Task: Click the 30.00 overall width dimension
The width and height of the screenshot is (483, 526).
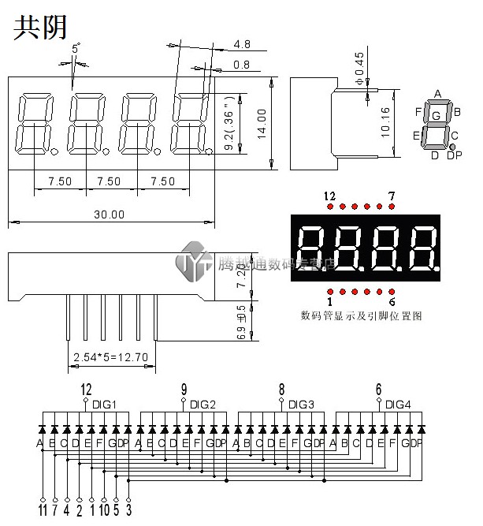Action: coord(110,214)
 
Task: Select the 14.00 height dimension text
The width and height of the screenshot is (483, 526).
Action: coord(263,122)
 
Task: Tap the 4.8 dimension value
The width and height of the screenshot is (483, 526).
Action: coord(242,44)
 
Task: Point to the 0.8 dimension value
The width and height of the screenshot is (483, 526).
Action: coord(242,64)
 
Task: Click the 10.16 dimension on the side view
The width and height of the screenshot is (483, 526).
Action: coord(385,123)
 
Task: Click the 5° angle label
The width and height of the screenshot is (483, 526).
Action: coord(76,49)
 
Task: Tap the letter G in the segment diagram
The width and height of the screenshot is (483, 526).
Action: coord(436,116)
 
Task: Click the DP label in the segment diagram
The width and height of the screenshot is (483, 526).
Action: coord(454,155)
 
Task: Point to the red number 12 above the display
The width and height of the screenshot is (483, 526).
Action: coord(329,194)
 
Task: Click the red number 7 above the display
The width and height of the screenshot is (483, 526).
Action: coord(392,194)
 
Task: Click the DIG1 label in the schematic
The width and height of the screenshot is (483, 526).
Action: coord(105,405)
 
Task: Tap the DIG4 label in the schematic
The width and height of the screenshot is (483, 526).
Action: coord(399,405)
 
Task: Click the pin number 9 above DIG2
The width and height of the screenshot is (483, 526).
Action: coord(184,389)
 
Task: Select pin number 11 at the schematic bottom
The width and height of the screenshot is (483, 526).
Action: coord(43,511)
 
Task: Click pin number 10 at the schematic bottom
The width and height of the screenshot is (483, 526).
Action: coord(104,511)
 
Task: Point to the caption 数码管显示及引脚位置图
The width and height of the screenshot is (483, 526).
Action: coord(362,315)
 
